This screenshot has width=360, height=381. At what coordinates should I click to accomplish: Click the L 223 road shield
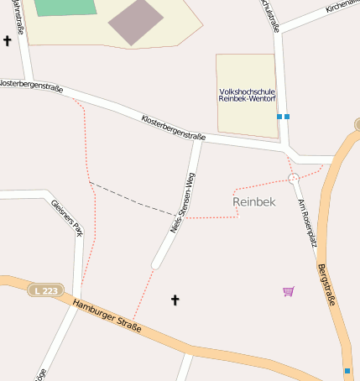coord(46,290)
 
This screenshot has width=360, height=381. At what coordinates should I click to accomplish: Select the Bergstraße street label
coord(327,285)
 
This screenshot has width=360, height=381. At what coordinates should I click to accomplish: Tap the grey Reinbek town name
coord(253,201)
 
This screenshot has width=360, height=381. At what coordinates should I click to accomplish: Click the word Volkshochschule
coord(246,90)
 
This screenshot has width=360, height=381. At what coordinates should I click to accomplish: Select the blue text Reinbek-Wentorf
coord(246,99)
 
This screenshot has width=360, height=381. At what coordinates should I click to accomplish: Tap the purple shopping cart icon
coord(289,291)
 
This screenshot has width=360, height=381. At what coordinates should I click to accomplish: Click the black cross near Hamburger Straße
coord(175,300)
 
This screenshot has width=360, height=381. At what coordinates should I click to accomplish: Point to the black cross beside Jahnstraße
coord(8,40)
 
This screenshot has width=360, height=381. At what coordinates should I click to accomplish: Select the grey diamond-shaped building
coord(136,22)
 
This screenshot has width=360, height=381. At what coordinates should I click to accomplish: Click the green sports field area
coord(65,7)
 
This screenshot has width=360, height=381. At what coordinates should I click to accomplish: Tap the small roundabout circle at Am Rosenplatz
coord(294,178)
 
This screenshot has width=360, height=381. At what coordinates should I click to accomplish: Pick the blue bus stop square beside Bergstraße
coord(347,370)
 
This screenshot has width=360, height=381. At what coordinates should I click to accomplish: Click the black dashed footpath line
coord(130,197)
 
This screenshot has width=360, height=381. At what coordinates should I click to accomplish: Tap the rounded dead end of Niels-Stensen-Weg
coord(156,264)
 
